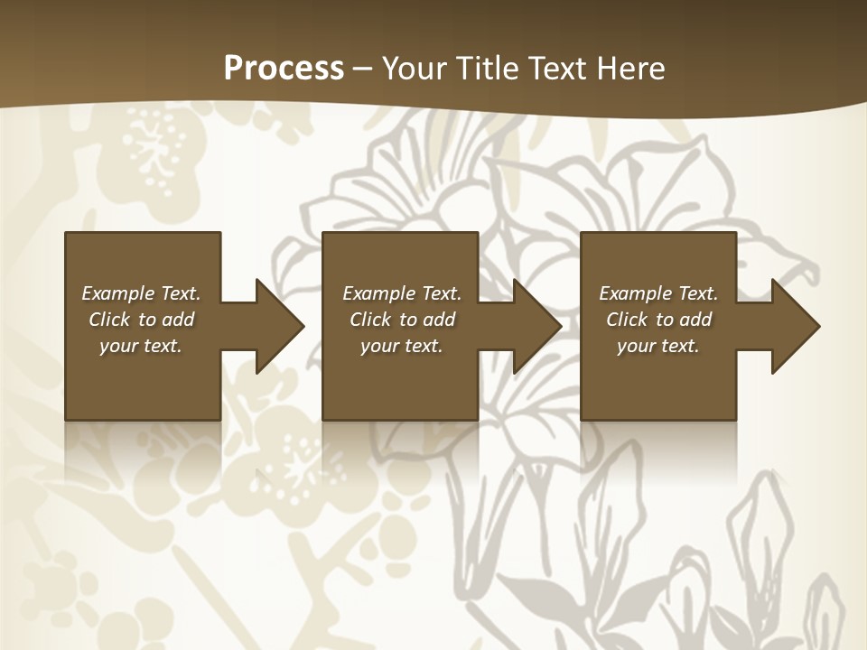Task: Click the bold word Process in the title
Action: [284, 69]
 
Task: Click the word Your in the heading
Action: [415, 69]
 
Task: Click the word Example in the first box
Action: [118, 293]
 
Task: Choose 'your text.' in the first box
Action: [141, 346]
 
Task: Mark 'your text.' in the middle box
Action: [401, 346]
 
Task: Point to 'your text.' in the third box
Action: [658, 346]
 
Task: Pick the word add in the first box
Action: [177, 320]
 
